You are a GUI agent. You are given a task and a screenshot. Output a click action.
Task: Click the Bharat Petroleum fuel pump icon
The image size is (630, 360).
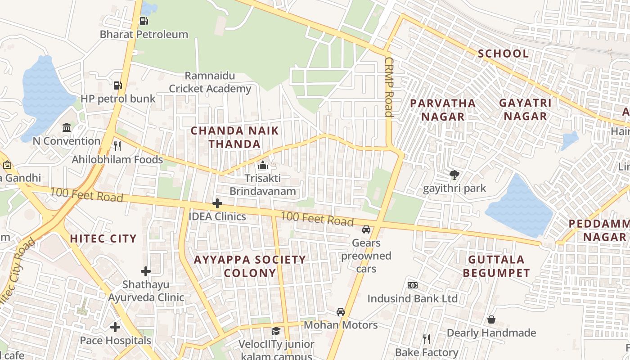(x=144, y=21)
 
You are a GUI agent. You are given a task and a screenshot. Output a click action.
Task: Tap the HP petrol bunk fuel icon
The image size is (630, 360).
(x=117, y=85)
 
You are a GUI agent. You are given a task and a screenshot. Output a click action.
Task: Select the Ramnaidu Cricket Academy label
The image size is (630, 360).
(x=210, y=82)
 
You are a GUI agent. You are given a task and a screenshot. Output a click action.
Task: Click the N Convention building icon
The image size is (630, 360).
(x=67, y=127)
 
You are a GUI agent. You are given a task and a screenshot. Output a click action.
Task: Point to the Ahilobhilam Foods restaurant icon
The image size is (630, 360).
(x=117, y=146)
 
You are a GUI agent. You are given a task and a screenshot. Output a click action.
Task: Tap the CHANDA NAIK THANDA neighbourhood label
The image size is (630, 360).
(x=234, y=137)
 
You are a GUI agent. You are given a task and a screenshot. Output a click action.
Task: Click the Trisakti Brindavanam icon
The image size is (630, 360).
(x=263, y=165)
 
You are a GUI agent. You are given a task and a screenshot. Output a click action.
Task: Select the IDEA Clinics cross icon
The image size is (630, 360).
(x=217, y=203)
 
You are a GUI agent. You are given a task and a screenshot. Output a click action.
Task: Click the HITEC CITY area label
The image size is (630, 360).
(x=103, y=238)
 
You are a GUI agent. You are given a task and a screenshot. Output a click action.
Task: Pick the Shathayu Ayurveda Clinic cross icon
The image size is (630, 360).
(x=146, y=271)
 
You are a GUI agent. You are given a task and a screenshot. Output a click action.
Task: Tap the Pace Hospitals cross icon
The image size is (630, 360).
(x=116, y=327)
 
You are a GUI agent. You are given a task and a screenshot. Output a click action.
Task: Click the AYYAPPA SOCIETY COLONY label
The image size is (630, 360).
(x=250, y=266)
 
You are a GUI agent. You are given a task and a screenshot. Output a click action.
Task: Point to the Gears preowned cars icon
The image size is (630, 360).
(x=366, y=229)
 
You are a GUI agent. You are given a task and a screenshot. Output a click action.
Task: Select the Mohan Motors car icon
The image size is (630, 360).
(x=341, y=312)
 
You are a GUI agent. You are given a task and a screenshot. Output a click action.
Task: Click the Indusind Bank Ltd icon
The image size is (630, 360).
(x=412, y=285)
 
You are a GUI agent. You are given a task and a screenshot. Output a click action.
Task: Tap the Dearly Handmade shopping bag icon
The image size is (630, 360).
(x=491, y=319)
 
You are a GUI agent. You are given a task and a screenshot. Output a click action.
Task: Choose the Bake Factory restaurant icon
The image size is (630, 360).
(x=426, y=339)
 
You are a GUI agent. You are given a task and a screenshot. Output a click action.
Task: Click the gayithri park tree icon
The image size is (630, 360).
(x=454, y=175)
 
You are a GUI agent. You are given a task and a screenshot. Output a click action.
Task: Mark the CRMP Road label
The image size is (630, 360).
(x=389, y=87)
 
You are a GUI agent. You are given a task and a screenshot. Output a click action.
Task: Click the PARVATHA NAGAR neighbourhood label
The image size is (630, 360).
(x=443, y=109)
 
